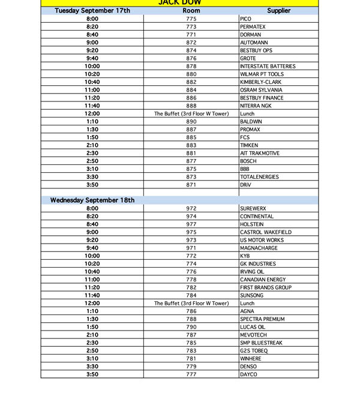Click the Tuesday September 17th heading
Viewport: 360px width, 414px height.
(x=92, y=11)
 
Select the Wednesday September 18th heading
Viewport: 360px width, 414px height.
(x=92, y=200)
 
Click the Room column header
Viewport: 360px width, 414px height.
(x=191, y=11)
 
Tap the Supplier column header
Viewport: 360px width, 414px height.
(x=278, y=11)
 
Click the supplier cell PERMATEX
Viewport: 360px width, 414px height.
(x=253, y=27)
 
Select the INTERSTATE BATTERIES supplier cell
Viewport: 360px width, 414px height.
(x=268, y=67)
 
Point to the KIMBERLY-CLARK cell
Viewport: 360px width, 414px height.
(x=260, y=82)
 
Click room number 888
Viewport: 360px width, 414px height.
(x=191, y=106)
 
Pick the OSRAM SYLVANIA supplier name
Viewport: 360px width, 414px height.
(x=262, y=90)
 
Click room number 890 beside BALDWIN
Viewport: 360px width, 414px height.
(x=191, y=122)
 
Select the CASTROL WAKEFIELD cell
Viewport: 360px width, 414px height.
(x=266, y=232)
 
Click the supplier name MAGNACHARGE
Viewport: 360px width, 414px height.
(x=259, y=248)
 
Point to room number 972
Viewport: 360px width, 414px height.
(x=191, y=209)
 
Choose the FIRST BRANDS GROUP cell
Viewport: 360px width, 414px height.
(x=266, y=287)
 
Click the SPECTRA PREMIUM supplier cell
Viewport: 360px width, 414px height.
(x=262, y=319)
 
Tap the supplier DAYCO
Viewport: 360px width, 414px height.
(x=248, y=374)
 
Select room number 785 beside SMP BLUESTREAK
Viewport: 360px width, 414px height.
(x=191, y=343)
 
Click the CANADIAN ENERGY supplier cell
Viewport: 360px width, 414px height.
(x=263, y=280)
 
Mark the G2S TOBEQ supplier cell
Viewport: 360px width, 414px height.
(x=254, y=350)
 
